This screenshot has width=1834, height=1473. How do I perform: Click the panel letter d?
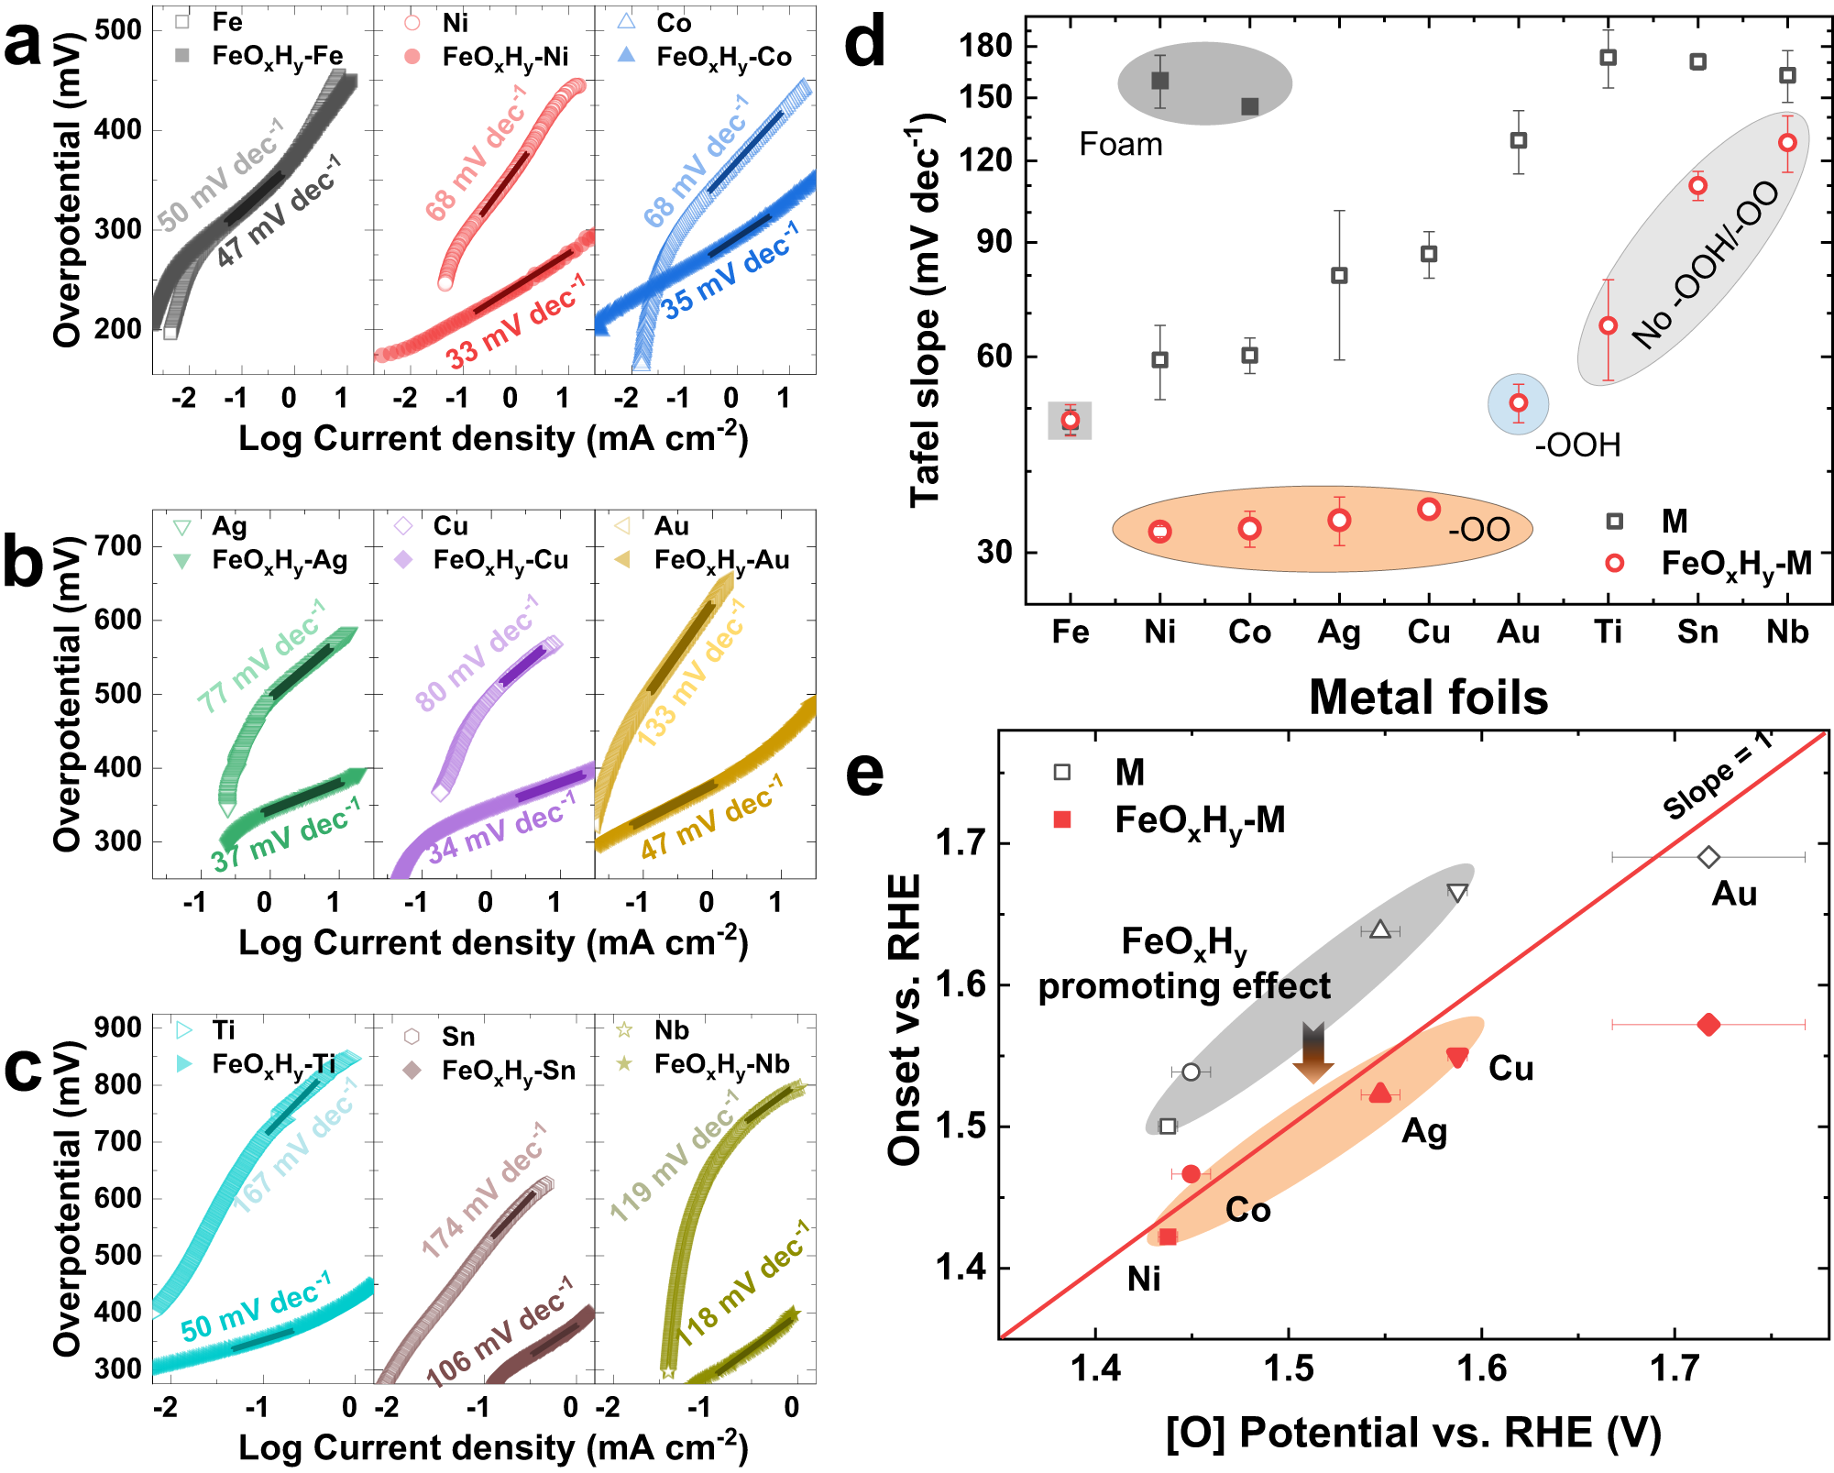point(864,43)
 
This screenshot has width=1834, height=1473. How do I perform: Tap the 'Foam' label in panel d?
point(1120,145)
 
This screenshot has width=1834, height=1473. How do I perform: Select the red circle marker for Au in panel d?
point(1519,403)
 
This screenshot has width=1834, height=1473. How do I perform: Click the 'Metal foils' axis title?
point(1428,698)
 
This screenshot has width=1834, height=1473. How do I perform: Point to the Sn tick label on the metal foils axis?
point(1697,632)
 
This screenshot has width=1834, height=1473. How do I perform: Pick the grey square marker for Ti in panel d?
point(1608,58)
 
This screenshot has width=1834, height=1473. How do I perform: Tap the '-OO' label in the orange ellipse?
point(1478,530)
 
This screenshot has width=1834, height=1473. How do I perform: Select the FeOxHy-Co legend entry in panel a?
point(723,57)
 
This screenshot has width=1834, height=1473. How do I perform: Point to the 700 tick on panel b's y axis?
point(118,546)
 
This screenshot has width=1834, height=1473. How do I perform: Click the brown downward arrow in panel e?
point(1312,1053)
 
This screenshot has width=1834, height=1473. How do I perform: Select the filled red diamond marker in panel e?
point(1708,1025)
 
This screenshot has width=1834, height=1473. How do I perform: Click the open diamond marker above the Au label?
point(1708,858)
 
